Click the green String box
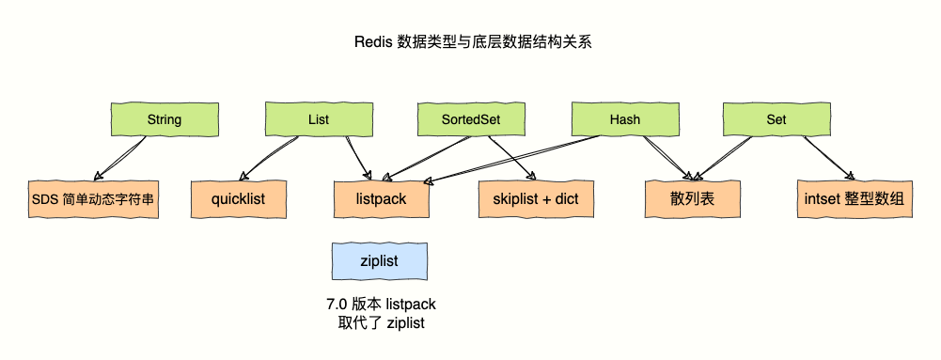pos(164,120)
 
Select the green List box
pos(318,120)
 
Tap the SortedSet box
pos(471,120)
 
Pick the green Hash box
pos(624,120)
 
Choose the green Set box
pos(776,120)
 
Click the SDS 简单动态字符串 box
pos(90,199)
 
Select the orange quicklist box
pos(239,199)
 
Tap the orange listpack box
pos(381,199)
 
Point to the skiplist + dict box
pos(534,199)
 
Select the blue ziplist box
pos(379,262)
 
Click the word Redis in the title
pos(373,42)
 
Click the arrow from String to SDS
pos(120,157)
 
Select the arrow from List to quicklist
pos(274,157)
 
